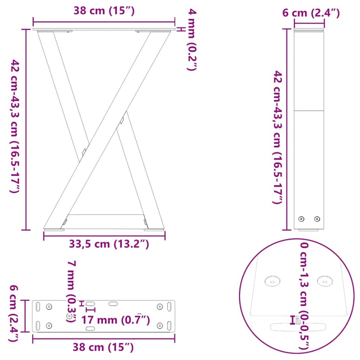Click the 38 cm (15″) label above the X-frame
click(x=104, y=11)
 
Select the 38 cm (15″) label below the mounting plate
click(x=103, y=347)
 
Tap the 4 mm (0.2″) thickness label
click(x=192, y=40)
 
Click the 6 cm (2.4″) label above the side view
click(x=311, y=13)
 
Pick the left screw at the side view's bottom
click(x=301, y=219)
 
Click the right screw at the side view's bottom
click(x=317, y=219)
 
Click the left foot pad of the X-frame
click(x=54, y=229)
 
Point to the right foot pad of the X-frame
click(x=154, y=229)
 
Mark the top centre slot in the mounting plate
click(x=113, y=304)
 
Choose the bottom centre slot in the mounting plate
click(x=90, y=328)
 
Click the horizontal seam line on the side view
click(x=309, y=111)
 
